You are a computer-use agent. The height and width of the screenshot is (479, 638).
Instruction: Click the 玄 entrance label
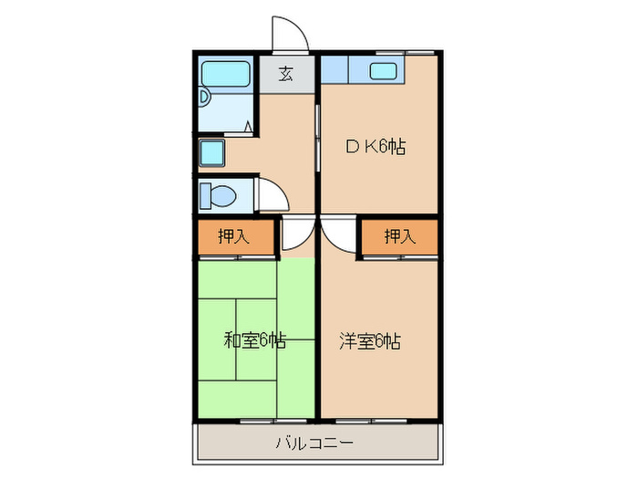click(286, 75)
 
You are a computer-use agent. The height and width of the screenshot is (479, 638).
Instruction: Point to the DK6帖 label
click(375, 146)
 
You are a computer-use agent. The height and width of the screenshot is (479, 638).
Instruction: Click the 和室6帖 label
click(255, 340)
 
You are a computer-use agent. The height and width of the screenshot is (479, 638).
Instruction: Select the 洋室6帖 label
click(370, 340)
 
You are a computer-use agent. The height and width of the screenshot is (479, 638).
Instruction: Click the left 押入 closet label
click(233, 237)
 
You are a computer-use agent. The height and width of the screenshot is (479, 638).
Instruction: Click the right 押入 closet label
click(398, 237)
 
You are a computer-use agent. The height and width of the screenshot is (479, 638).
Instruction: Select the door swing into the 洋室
click(336, 234)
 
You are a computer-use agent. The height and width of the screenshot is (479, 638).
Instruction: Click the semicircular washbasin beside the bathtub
click(205, 97)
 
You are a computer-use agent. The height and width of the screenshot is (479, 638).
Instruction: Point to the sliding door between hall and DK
click(316, 137)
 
